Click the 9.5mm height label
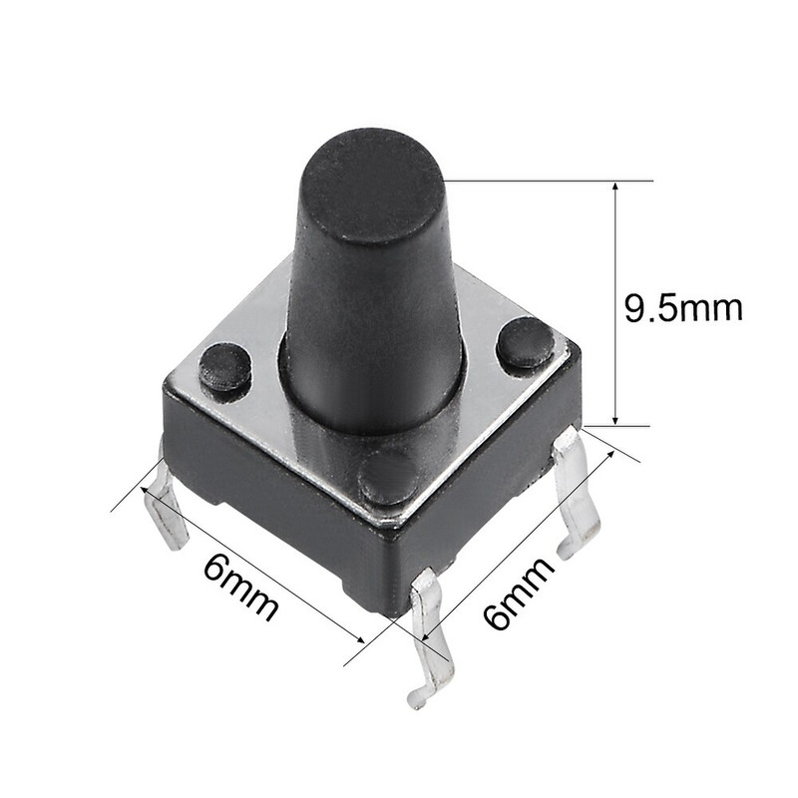683,308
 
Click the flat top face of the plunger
372,186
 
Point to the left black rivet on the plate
225,366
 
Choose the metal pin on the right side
577,489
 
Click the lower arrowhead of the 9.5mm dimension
615,420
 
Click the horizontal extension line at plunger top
549,181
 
